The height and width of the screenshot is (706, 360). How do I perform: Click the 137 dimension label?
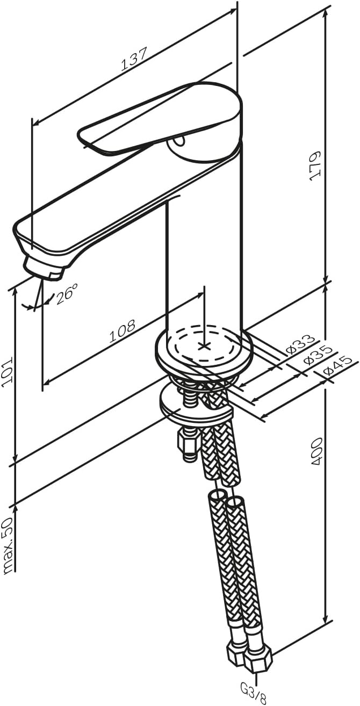coord(134,59)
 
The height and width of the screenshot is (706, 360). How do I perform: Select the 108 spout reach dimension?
coord(123,332)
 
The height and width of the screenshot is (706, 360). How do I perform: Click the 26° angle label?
coord(67,294)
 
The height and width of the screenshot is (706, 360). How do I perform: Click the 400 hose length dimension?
coord(315,451)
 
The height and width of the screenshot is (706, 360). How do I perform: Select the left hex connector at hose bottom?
coord(236,651)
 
